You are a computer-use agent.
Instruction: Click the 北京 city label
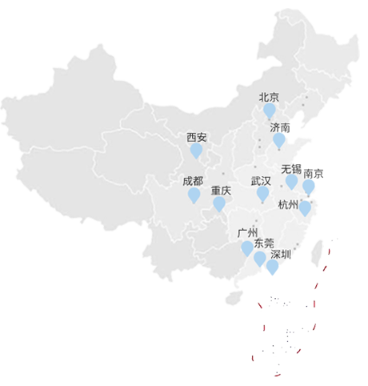coord(269,97)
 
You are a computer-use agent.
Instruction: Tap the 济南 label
coord(280,127)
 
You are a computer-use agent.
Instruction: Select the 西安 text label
coord(196,137)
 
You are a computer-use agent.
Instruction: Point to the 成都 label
coord(193,181)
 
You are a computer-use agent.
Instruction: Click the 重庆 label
coord(221,191)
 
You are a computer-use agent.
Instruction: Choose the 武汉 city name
coord(261,181)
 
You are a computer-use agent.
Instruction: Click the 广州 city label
coord(248,233)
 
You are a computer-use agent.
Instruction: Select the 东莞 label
coord(263,243)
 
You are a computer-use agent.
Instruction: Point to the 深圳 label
coord(281,255)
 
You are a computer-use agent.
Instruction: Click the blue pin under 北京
coord(270,111)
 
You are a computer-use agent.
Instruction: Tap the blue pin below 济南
coord(278,141)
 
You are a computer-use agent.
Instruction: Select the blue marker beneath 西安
coord(196,151)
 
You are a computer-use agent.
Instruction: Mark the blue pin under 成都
coord(194,195)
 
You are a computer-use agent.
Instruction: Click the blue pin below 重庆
coord(219,205)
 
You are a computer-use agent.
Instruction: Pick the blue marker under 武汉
coord(262,195)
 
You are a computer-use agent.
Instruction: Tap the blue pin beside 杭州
coord(305,209)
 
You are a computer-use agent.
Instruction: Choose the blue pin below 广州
coord(247,248)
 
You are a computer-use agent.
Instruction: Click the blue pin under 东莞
coord(260,259)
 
